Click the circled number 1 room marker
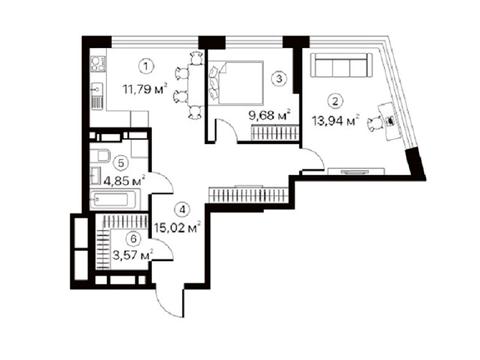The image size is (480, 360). point(146,67)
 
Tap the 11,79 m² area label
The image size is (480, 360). point(145,89)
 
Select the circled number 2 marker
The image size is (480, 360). point(335,101)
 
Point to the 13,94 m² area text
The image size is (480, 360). point(336,120)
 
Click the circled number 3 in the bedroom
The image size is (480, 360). point(279,79)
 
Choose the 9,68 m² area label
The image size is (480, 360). point(270,115)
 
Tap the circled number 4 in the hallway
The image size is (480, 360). point(182,210)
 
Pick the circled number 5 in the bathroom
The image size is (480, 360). point(121,163)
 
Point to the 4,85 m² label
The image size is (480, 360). point(124,181)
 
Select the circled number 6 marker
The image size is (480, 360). point(134,239)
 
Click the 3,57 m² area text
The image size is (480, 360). point(133,255)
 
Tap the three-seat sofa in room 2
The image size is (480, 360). point(341,65)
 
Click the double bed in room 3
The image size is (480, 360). point(236,83)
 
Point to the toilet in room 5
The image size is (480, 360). point(100,155)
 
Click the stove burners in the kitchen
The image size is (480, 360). point(98,64)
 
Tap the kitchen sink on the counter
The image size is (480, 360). point(98,89)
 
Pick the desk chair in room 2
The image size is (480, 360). point(376,124)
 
